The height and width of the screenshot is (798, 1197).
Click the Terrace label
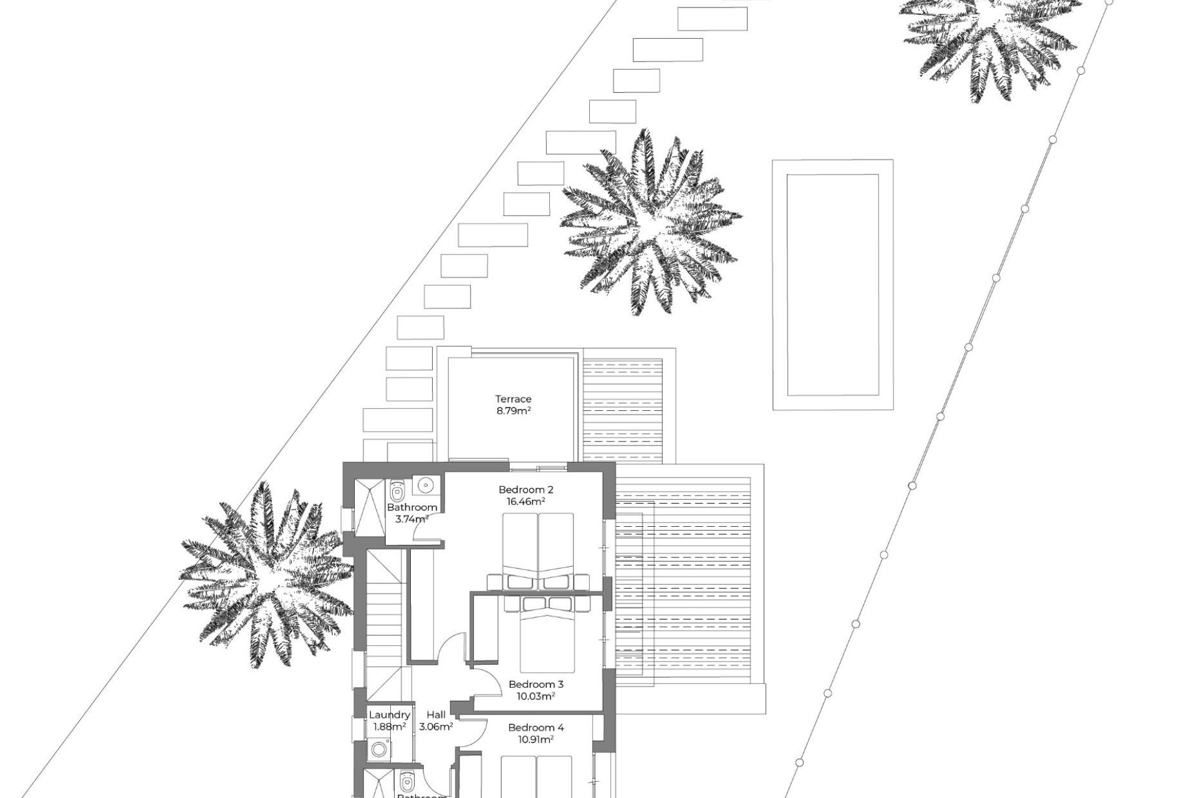click(x=513, y=399)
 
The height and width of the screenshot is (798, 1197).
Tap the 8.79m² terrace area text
click(x=513, y=411)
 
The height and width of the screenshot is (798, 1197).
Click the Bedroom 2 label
click(x=526, y=489)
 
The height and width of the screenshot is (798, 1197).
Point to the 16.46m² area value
click(x=526, y=501)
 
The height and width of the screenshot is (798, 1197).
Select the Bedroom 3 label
click(x=536, y=684)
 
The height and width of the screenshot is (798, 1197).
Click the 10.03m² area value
click(x=536, y=696)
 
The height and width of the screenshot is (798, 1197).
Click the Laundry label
click(x=389, y=715)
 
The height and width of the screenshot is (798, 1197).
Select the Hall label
click(x=436, y=715)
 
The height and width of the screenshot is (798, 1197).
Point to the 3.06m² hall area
click(x=436, y=726)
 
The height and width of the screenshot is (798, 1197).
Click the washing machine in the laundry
click(x=378, y=749)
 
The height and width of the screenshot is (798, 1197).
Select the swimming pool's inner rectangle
click(x=832, y=284)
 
